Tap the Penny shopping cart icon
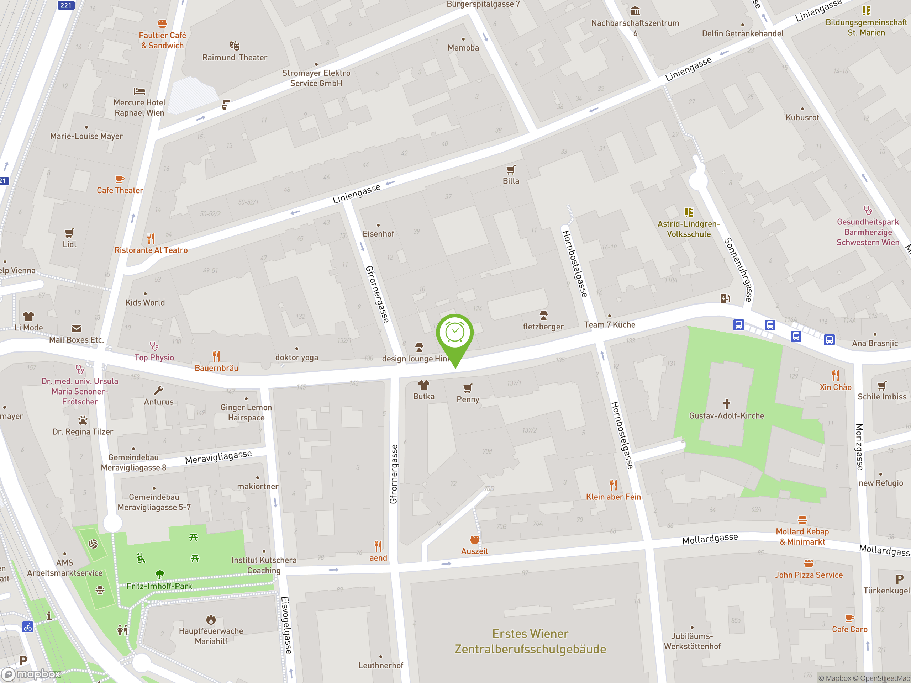pos(468,388)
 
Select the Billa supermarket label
pos(511,181)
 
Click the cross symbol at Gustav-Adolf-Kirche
pos(727,403)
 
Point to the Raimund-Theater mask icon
pos(235,45)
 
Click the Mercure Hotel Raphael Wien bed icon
pos(139,91)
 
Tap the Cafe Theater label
pos(120,190)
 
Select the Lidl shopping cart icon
pos(69,233)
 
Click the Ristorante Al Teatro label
pos(151,250)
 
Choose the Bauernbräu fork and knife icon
pos(216,356)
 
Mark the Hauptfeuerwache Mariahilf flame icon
pos(211,619)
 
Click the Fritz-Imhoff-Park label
pos(159,586)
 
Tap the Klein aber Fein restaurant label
pos(613,497)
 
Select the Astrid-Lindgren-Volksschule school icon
pos(689,212)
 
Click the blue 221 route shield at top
pos(66,5)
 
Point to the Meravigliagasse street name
pos(218,457)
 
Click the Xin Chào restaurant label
pos(835,387)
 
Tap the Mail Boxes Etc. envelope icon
pos(77,329)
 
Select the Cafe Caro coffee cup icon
pos(849,618)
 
